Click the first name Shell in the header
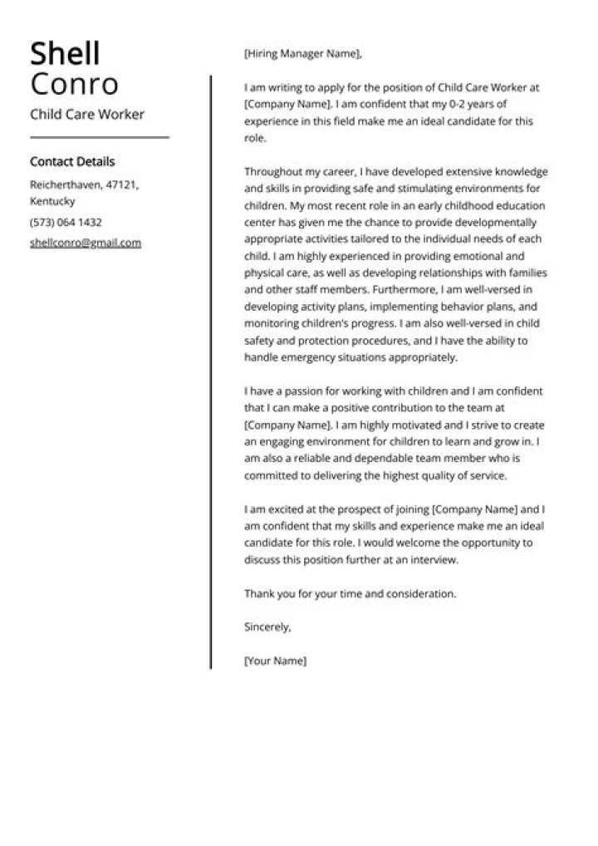(65, 54)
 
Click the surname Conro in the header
(74, 84)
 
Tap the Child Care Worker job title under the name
(86, 114)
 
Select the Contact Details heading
(72, 161)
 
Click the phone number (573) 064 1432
(66, 222)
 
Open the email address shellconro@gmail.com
(86, 243)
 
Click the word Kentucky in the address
(52, 201)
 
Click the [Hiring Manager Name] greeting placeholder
(303, 54)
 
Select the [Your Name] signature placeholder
(275, 661)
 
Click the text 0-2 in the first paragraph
(471, 104)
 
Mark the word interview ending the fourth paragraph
(434, 559)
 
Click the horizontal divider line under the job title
(99, 137)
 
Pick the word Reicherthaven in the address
(64, 184)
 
